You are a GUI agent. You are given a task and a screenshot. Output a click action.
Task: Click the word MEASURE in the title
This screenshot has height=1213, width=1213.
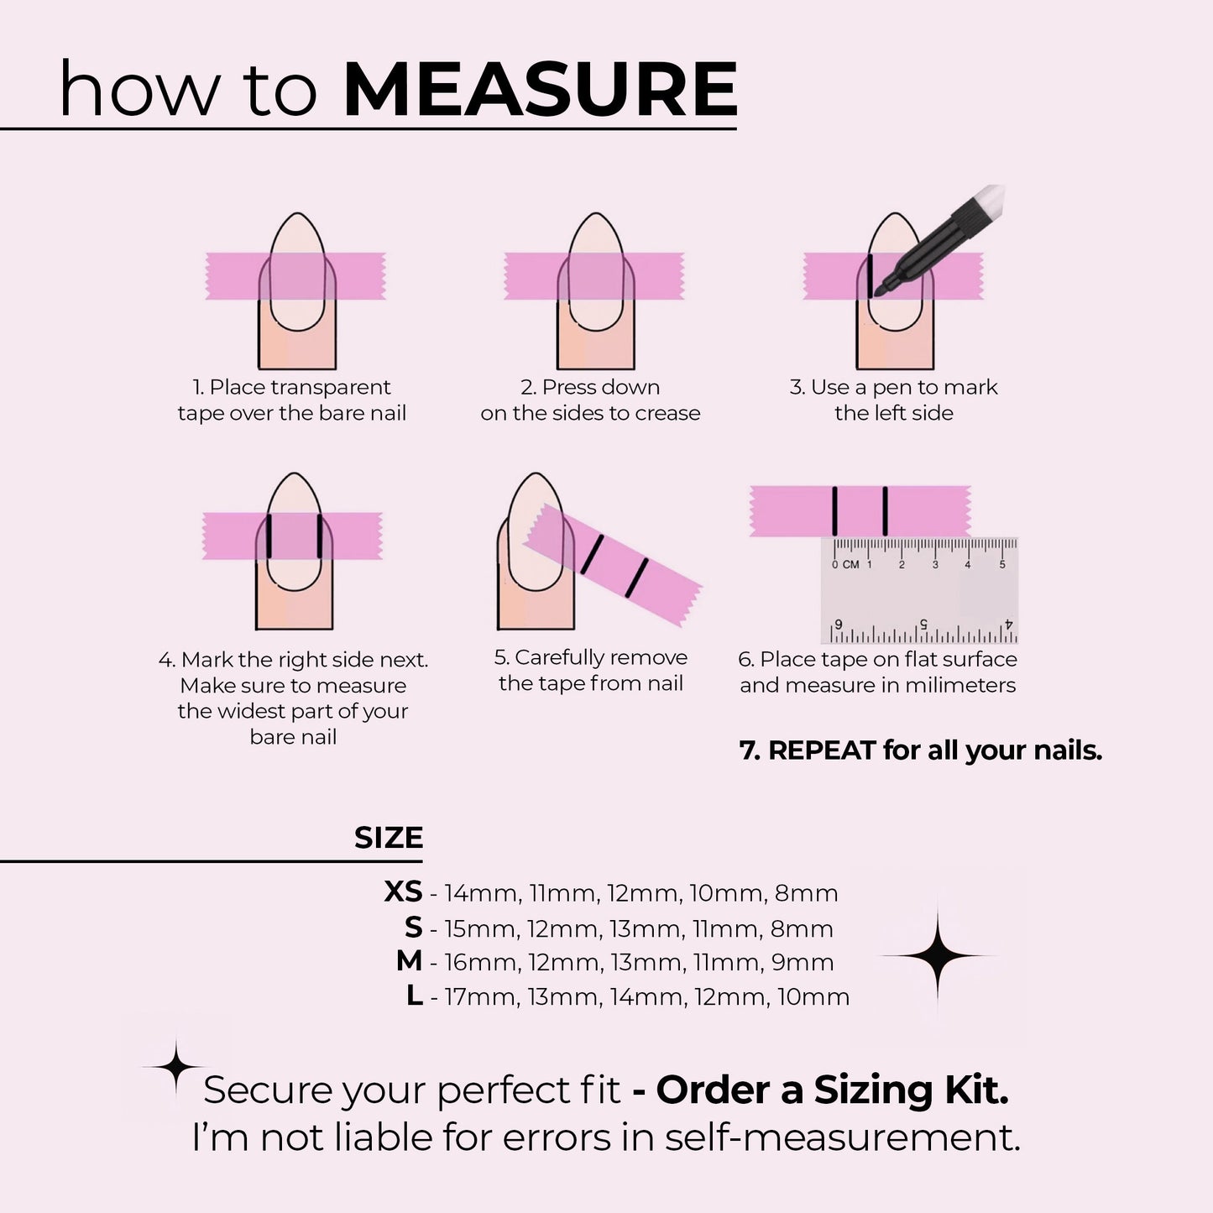click(x=540, y=90)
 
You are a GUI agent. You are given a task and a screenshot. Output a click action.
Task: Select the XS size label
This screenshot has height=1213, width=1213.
click(x=403, y=891)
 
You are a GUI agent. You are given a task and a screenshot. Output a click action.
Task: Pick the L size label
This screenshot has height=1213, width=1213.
click(x=414, y=996)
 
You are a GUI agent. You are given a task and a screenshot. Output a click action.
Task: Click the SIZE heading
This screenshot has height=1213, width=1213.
click(x=388, y=838)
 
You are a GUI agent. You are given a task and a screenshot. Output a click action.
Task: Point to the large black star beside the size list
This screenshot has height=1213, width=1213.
click(x=937, y=955)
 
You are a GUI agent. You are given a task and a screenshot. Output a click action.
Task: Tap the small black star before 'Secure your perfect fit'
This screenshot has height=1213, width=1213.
click(x=175, y=1066)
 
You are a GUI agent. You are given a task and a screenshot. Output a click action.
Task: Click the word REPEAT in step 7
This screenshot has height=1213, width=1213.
click(x=822, y=750)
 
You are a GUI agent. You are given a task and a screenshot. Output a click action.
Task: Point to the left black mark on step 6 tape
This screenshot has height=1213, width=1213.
click(x=834, y=510)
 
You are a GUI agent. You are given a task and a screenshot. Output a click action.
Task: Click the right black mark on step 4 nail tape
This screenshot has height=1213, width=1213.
click(x=320, y=536)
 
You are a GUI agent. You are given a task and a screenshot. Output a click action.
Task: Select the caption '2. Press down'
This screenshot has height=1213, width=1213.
click(x=590, y=387)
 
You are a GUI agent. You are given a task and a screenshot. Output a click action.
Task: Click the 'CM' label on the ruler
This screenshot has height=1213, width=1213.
click(x=850, y=565)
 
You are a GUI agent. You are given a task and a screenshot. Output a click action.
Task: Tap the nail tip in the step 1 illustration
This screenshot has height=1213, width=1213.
click(x=297, y=225)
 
